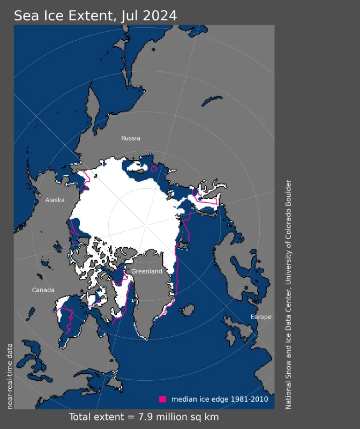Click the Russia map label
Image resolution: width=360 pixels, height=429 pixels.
click(x=131, y=138)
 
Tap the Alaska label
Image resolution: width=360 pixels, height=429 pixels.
click(x=55, y=200)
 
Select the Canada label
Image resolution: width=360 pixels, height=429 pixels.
click(x=43, y=290)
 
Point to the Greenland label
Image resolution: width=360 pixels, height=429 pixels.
click(x=147, y=272)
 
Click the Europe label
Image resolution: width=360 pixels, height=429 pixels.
click(x=261, y=317)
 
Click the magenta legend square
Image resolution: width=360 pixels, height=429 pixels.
click(x=163, y=399)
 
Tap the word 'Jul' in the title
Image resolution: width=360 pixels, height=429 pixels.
click(x=125, y=16)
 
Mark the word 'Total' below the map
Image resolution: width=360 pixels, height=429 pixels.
click(x=81, y=417)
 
